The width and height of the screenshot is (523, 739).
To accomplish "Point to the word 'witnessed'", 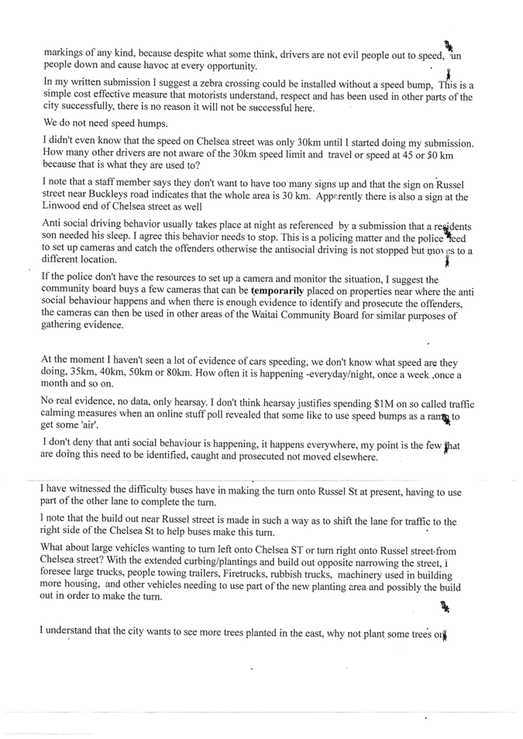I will (x=91, y=490).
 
